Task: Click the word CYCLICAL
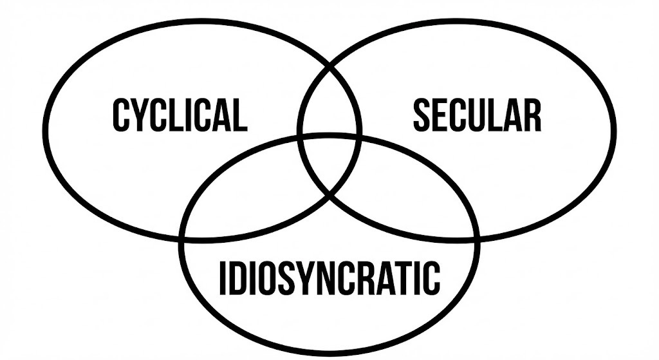180,116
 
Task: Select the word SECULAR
477,116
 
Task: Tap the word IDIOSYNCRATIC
329,278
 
